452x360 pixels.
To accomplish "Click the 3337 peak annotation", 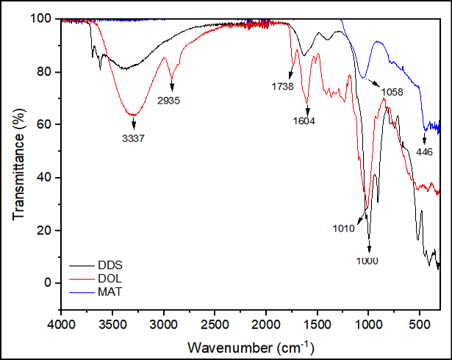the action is click(133, 138).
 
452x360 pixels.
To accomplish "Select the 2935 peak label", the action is click(168, 101).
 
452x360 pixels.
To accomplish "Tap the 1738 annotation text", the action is click(282, 86).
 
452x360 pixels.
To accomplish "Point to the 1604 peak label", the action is click(304, 120).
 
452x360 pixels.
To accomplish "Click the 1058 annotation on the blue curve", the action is click(392, 92).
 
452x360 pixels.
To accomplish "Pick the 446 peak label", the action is click(424, 151).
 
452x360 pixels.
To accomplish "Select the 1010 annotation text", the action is click(344, 228).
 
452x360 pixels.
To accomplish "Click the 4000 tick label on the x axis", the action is click(61, 325).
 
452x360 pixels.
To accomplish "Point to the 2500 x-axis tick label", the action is click(215, 325).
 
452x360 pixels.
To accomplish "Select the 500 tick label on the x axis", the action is click(420, 325).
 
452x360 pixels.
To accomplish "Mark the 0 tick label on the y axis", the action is click(48, 283).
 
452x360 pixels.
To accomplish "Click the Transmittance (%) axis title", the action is click(19, 165).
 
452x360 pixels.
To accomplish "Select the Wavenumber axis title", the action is click(251, 347).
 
